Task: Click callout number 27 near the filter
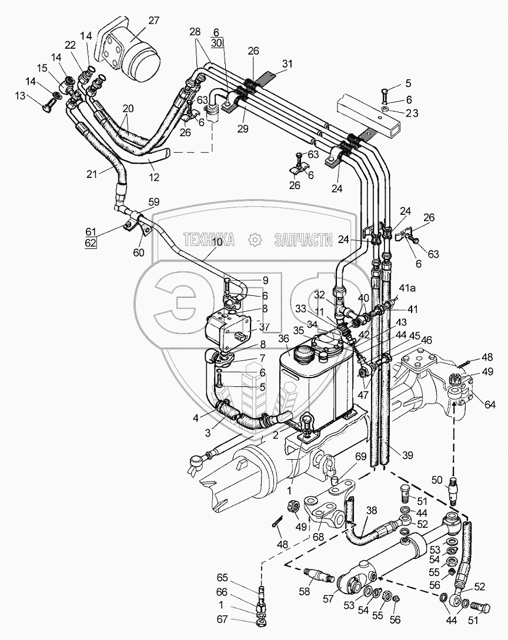click(153, 21)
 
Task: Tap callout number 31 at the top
click(287, 64)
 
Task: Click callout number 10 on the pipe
click(218, 242)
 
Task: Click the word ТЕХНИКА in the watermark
click(209, 240)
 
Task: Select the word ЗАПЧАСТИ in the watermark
click(303, 240)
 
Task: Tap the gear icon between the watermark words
click(255, 240)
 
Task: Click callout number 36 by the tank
click(284, 339)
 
